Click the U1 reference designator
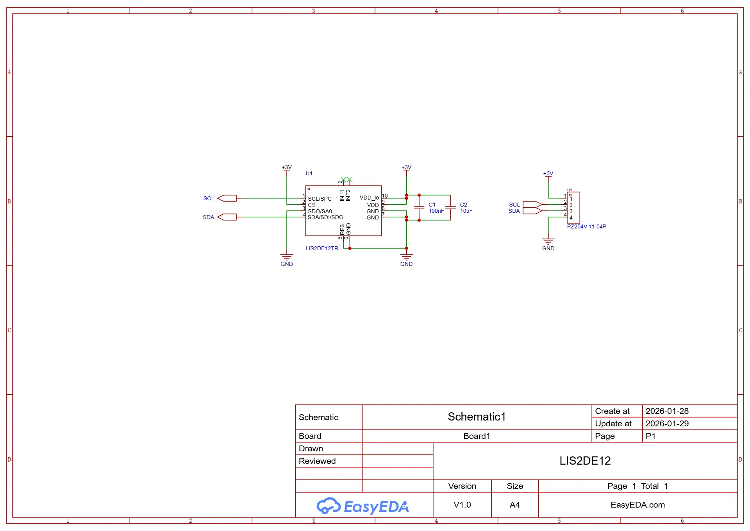(309, 173)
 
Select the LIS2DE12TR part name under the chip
(322, 248)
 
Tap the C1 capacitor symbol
(419, 208)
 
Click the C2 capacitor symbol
(450, 208)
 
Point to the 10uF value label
(466, 211)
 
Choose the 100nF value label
(436, 211)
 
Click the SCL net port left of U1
(227, 198)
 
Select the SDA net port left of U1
(227, 217)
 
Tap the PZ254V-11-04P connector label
(586, 226)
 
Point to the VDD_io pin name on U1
(369, 198)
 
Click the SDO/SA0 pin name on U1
(320, 211)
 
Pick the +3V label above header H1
(548, 174)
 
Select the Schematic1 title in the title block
(477, 417)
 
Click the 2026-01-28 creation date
(667, 411)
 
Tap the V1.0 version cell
(462, 505)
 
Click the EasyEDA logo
(362, 506)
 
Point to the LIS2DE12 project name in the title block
(585, 461)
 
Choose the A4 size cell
(514, 505)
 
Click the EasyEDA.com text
(637, 505)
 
